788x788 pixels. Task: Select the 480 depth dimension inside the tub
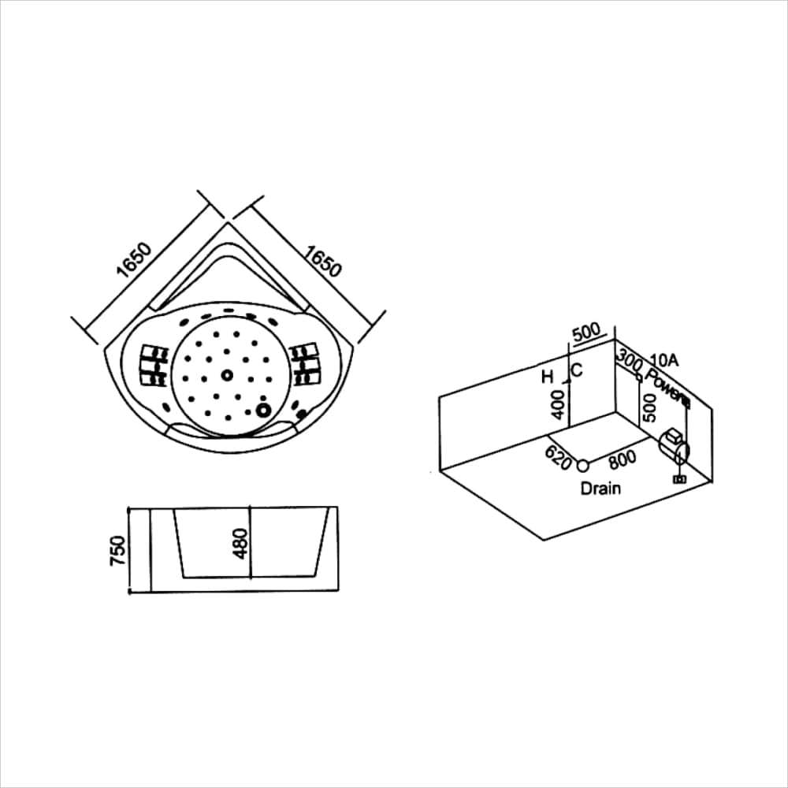(x=241, y=543)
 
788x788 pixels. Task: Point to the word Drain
(x=600, y=489)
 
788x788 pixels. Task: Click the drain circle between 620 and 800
(x=583, y=464)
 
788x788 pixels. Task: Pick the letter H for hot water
(x=548, y=377)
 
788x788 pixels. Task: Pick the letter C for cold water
(x=576, y=370)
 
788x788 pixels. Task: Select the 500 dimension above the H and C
(x=586, y=333)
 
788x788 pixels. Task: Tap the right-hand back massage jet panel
(x=303, y=365)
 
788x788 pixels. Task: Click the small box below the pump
(x=678, y=478)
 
